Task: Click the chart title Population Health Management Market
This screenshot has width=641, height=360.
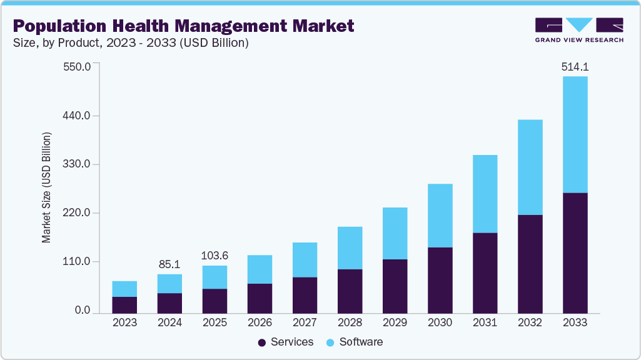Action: point(183,26)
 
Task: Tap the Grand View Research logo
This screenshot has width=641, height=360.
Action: point(579,30)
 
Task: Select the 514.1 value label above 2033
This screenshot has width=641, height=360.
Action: point(575,67)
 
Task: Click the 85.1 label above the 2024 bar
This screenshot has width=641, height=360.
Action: point(169,264)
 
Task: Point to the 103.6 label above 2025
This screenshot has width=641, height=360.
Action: point(215,256)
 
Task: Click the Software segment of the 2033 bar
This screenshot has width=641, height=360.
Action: point(575,134)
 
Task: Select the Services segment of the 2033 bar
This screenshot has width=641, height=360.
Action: point(575,252)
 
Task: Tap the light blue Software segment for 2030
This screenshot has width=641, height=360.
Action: point(440,216)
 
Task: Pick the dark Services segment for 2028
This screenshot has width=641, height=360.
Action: point(350,291)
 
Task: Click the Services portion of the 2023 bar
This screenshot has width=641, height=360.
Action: point(124,304)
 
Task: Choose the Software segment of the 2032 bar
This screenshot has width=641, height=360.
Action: point(530,167)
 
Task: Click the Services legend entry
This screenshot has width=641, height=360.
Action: point(285,342)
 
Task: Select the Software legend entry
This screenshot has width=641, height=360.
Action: point(355,342)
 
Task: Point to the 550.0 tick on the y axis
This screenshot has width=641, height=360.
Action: point(78,66)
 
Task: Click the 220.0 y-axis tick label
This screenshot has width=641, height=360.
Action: point(78,213)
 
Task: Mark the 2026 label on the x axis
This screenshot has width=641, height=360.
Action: point(260,322)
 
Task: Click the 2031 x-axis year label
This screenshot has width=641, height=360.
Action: point(485,322)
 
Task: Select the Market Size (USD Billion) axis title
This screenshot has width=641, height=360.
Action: point(46,187)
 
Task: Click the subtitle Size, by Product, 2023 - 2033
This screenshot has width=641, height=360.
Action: point(131,43)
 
